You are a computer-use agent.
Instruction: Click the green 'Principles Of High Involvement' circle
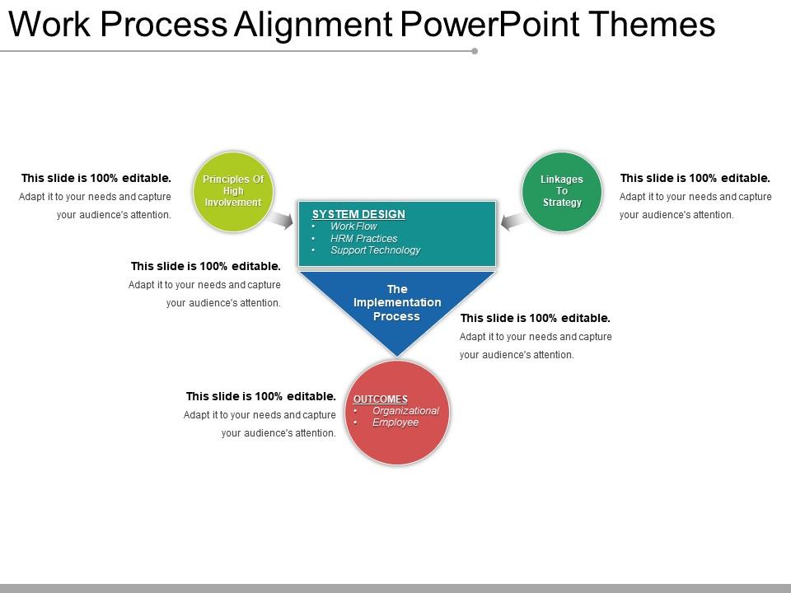coord(232,191)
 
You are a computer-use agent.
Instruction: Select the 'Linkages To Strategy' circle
coord(562,191)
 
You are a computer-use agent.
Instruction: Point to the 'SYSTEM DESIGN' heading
coord(358,214)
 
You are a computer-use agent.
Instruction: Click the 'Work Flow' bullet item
coord(353,226)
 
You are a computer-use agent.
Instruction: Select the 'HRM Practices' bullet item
coord(363,238)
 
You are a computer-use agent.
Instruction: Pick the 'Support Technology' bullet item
coord(375,250)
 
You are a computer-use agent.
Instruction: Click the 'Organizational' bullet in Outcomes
coord(405,411)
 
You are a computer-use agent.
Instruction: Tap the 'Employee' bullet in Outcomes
coord(395,423)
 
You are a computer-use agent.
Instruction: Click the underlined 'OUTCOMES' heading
coord(381,399)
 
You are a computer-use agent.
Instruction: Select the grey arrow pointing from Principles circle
coord(281,220)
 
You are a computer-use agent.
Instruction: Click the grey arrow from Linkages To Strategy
coord(513,220)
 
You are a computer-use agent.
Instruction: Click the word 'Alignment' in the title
coord(314,26)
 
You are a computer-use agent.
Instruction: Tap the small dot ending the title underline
coord(475,51)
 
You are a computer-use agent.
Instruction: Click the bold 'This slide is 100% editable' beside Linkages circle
coord(695,178)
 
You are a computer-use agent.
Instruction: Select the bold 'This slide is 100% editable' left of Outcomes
coord(260,396)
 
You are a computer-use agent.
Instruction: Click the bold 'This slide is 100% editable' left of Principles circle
coord(96,178)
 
